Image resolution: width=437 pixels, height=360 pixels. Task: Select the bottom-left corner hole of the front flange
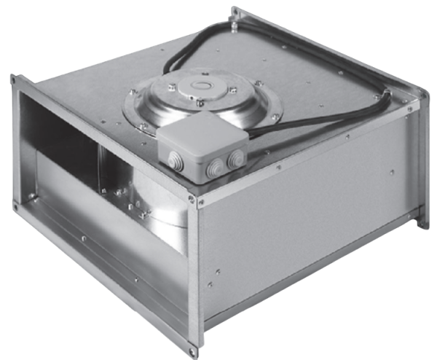[15, 206]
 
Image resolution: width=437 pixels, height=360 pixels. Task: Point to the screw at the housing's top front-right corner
[192, 199]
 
